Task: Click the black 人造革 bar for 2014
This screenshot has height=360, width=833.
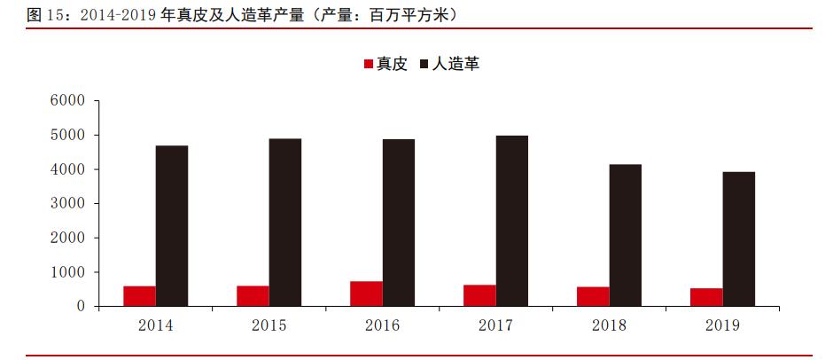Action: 172,226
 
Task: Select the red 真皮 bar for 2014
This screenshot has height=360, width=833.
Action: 139,296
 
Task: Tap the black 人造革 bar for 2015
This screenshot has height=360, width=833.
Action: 285,223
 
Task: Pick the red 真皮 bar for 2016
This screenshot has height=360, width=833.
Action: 366,293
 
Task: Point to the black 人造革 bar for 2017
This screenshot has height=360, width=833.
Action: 512,221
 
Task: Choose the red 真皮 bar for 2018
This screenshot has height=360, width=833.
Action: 593,296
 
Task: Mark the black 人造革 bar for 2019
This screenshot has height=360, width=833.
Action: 739,239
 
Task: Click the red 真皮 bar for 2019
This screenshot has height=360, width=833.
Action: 706,297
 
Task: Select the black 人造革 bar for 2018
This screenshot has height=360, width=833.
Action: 626,235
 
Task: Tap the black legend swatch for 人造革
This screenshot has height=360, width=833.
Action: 424,65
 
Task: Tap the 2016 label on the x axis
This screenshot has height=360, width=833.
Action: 382,325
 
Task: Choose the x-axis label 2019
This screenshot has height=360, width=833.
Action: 722,325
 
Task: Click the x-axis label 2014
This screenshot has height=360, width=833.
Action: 155,325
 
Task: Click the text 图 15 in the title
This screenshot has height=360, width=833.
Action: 45,15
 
